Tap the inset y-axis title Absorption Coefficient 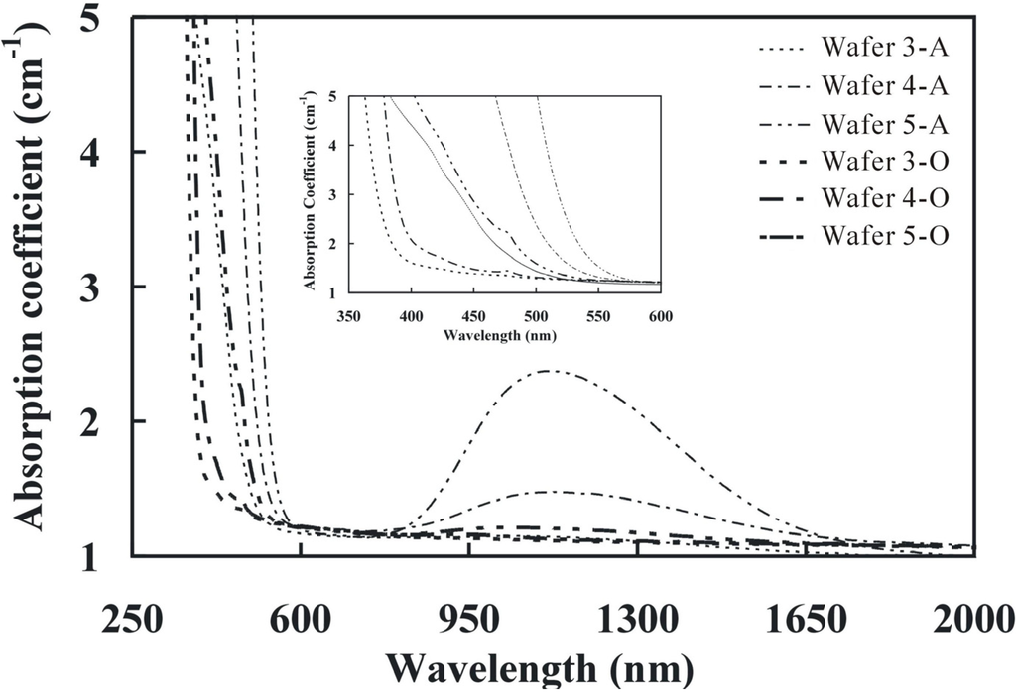(x=312, y=193)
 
